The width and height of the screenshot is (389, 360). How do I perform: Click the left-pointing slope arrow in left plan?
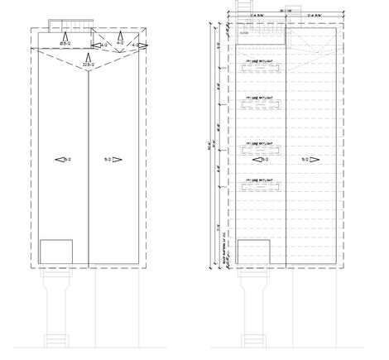click(x=59, y=159)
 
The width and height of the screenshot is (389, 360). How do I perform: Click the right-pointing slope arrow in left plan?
click(x=117, y=159)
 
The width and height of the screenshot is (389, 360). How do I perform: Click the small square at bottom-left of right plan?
click(x=254, y=252)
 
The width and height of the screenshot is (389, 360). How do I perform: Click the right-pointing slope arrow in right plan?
click(x=315, y=159)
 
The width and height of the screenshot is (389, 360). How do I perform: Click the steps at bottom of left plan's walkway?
click(x=56, y=339)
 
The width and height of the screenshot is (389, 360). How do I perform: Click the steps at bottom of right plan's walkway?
click(x=254, y=339)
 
